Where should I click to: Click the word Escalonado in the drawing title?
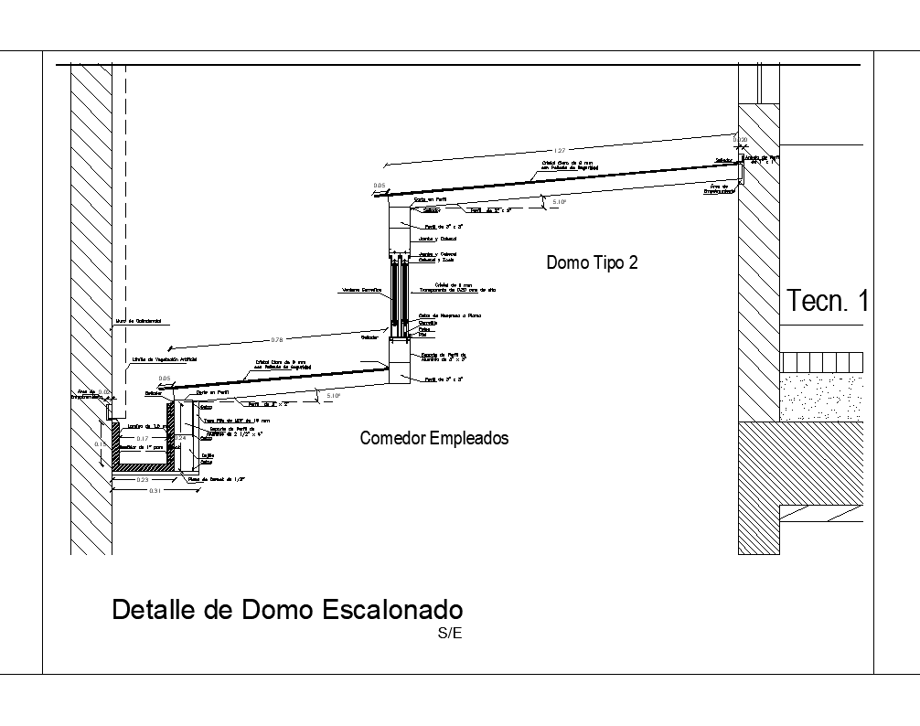394,610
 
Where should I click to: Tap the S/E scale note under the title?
451,632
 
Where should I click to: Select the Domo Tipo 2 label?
591,263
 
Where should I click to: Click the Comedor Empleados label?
433,439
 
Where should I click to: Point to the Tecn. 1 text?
826,301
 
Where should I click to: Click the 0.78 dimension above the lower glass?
276,340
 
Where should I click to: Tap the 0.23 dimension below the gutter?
143,480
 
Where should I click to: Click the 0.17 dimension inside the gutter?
142,439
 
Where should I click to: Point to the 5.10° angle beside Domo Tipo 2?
559,203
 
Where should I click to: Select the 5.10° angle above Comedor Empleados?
333,396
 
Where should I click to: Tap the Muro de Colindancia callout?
138,322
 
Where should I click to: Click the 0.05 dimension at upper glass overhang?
380,186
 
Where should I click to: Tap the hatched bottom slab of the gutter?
140,467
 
